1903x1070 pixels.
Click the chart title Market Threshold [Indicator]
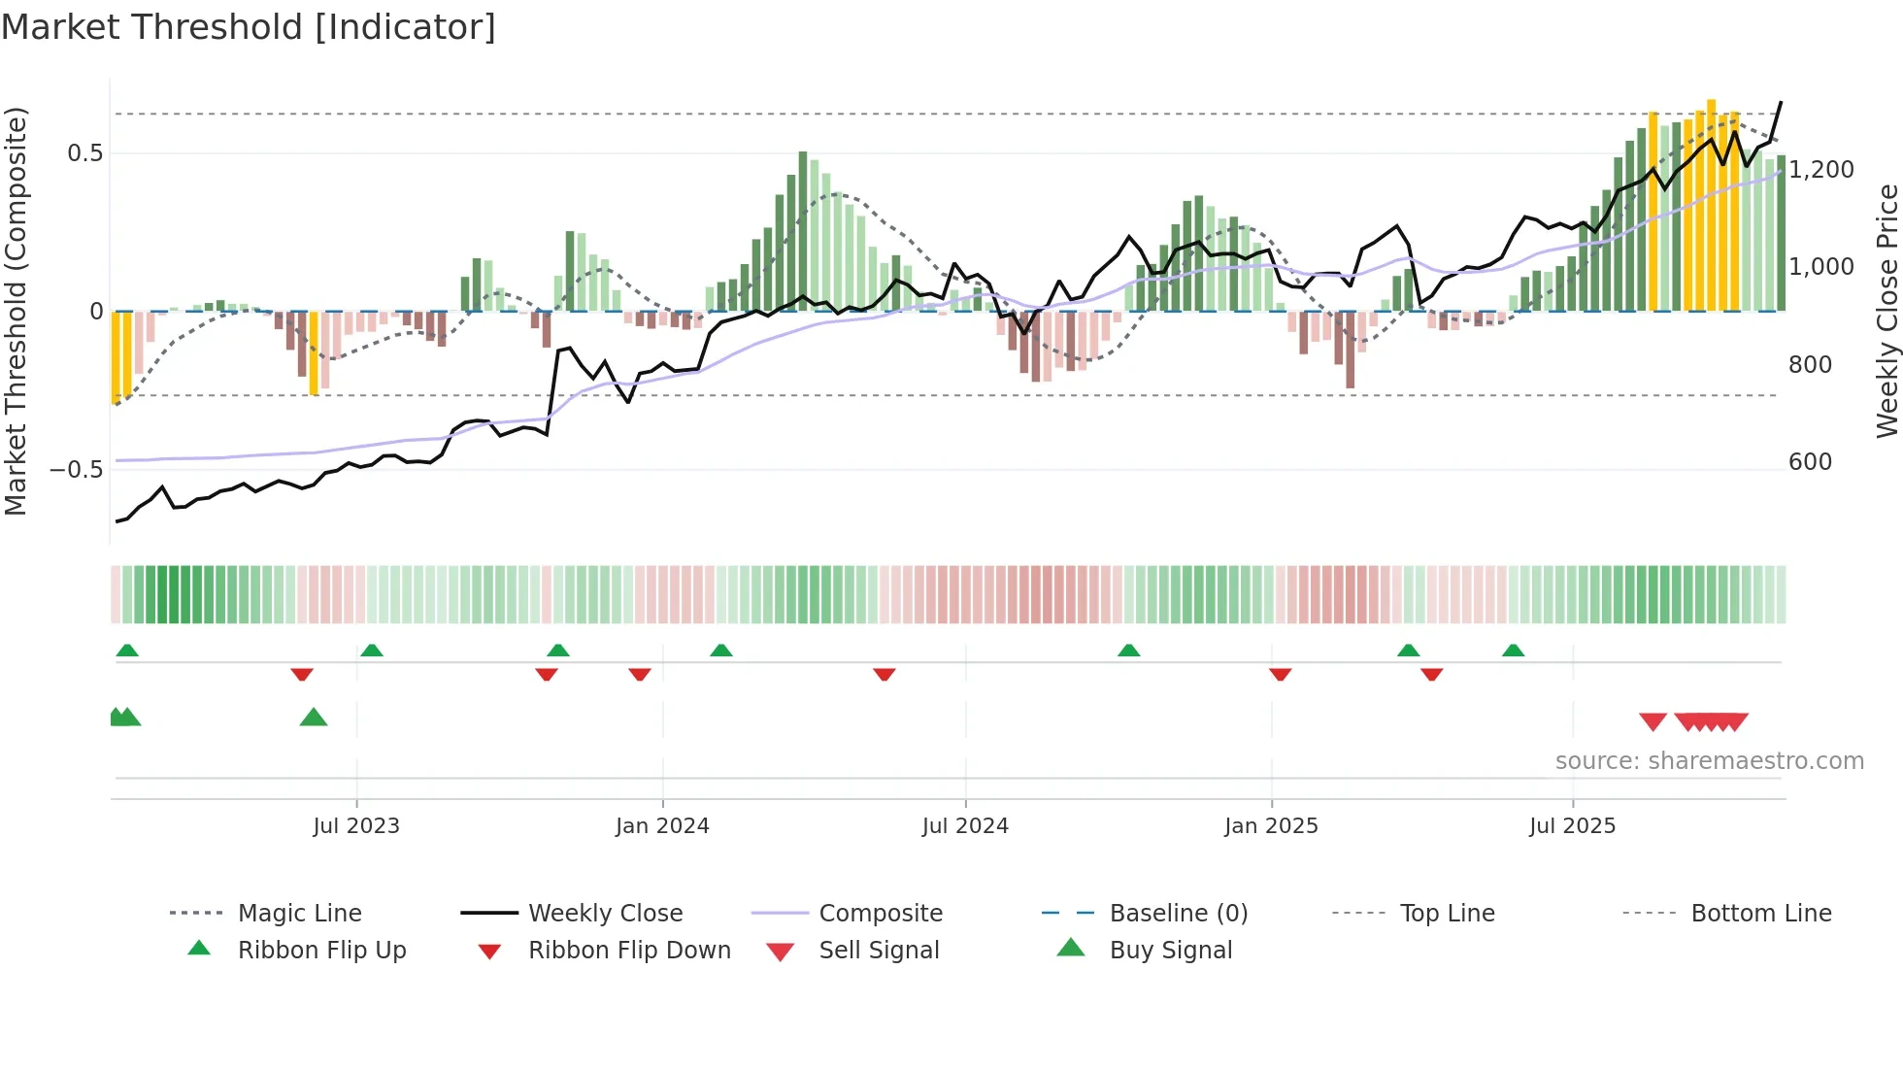(x=249, y=27)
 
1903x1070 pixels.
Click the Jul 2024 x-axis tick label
(x=965, y=825)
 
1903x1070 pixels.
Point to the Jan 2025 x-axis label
(x=1271, y=825)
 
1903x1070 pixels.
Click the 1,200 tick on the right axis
(x=1821, y=169)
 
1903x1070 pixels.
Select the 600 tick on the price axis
(x=1810, y=461)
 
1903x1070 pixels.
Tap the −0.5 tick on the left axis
(x=76, y=469)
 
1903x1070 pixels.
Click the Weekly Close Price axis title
(x=1886, y=311)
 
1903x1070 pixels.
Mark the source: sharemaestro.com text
(x=1709, y=760)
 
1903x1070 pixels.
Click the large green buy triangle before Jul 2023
(x=314, y=718)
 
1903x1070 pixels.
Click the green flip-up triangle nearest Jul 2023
(x=372, y=651)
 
